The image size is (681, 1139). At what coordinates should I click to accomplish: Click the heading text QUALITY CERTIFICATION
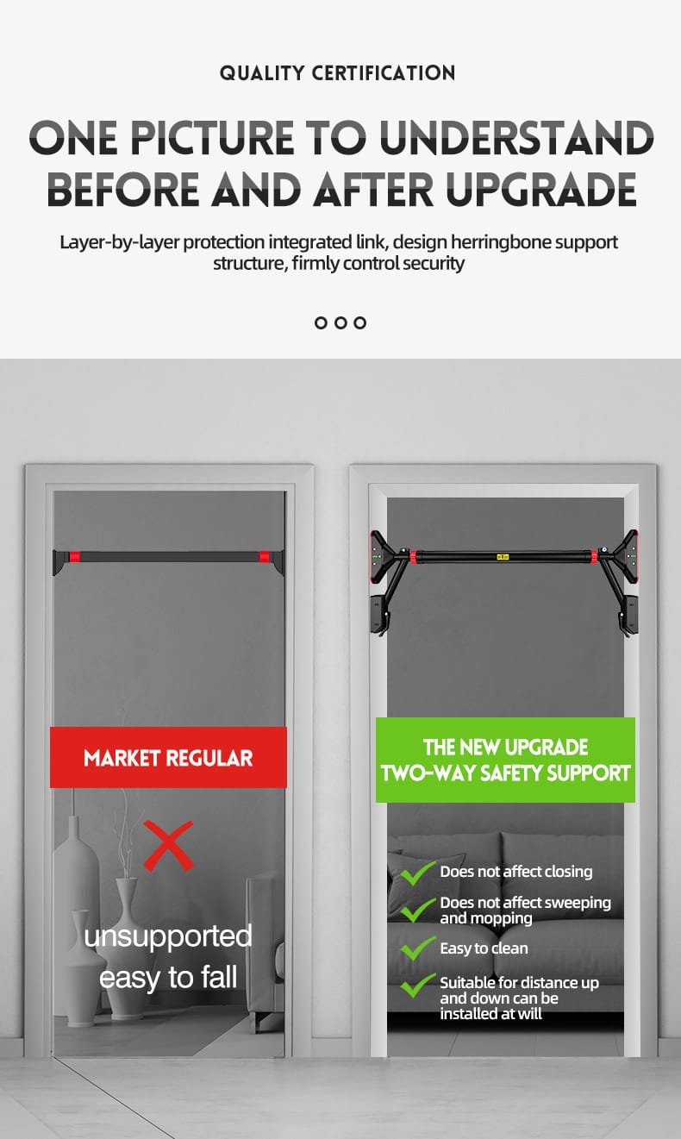click(337, 72)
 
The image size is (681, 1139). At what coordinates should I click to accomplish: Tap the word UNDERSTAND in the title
click(517, 137)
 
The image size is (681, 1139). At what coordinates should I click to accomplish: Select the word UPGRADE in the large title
click(540, 189)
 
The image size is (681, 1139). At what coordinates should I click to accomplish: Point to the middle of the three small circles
click(340, 322)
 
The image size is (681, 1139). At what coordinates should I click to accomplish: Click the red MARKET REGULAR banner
click(168, 757)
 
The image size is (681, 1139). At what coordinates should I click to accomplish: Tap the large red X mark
click(168, 846)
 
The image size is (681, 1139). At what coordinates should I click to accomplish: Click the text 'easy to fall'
click(168, 977)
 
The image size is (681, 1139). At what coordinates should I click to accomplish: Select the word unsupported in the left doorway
click(168, 936)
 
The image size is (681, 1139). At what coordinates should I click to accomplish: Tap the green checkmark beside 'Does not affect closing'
click(417, 873)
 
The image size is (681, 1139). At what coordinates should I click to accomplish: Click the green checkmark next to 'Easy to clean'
click(417, 948)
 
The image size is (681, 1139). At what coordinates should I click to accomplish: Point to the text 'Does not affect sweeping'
click(526, 902)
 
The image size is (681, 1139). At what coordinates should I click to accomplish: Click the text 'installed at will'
click(491, 1013)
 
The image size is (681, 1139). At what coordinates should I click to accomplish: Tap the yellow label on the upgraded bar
click(502, 557)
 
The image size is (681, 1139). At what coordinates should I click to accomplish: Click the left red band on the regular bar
click(75, 556)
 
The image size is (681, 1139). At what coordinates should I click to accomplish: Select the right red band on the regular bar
click(264, 556)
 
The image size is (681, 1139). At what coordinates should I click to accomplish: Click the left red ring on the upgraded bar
click(413, 557)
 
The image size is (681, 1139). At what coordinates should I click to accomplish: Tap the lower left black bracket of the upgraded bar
click(379, 614)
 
